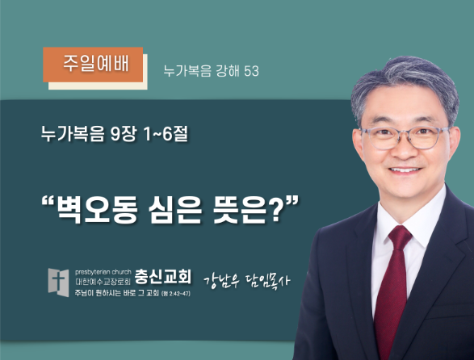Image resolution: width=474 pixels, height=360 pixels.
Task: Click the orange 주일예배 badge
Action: pos(93,65)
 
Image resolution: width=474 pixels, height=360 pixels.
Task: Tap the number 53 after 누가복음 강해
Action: pos(251,71)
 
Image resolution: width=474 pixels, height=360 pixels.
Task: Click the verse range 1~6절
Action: pos(166,134)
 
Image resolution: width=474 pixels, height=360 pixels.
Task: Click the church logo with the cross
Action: pos(58,283)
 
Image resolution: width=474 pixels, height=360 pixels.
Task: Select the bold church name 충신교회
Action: pos(162,276)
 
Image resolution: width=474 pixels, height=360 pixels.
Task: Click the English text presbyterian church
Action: pos(103,272)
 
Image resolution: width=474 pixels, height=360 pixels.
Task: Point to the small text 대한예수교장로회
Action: pos(103,282)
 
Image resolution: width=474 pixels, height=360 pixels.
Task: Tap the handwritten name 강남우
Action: pos(221,282)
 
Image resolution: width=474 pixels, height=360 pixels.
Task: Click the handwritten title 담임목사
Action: pos(267,282)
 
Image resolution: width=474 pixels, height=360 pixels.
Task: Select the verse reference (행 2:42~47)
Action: pos(176,294)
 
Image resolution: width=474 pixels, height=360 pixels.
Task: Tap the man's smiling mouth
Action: pos(405,170)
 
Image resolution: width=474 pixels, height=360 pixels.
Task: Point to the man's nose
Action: pos(405,148)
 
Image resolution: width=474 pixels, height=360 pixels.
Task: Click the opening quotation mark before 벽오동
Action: pos(48,201)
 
